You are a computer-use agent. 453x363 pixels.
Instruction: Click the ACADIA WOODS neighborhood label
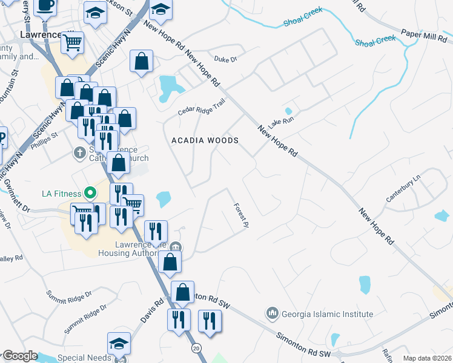(x=205, y=140)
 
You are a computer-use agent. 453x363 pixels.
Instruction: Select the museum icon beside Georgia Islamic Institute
(x=272, y=313)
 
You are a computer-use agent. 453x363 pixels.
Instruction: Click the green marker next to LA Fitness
(x=90, y=194)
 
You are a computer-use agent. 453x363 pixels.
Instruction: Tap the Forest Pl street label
(x=242, y=215)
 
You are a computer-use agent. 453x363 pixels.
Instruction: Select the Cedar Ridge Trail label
(x=201, y=107)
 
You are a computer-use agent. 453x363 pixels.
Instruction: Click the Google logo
(x=20, y=356)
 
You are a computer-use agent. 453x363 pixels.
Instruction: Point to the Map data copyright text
(x=427, y=358)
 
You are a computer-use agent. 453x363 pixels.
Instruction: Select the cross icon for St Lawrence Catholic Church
(x=79, y=152)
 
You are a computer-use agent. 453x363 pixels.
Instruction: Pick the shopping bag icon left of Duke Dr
(x=141, y=61)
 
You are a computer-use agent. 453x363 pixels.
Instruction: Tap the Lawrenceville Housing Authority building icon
(x=176, y=246)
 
